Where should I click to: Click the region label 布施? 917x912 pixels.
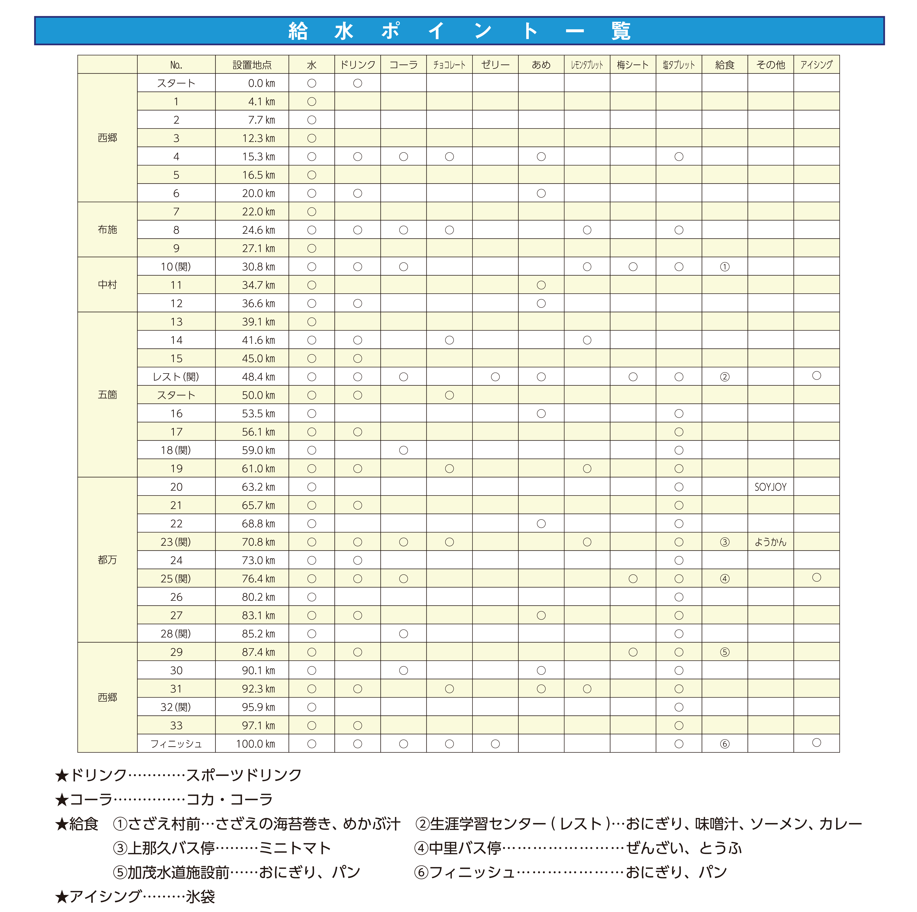point(107,229)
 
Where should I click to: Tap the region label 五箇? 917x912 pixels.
point(107,395)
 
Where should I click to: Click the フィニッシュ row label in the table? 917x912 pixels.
point(176,744)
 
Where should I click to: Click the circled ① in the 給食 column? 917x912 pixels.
point(724,267)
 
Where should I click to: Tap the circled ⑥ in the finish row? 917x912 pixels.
point(724,744)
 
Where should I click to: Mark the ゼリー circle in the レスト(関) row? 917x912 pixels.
point(495,377)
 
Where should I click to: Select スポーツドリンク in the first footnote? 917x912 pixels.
point(243,775)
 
